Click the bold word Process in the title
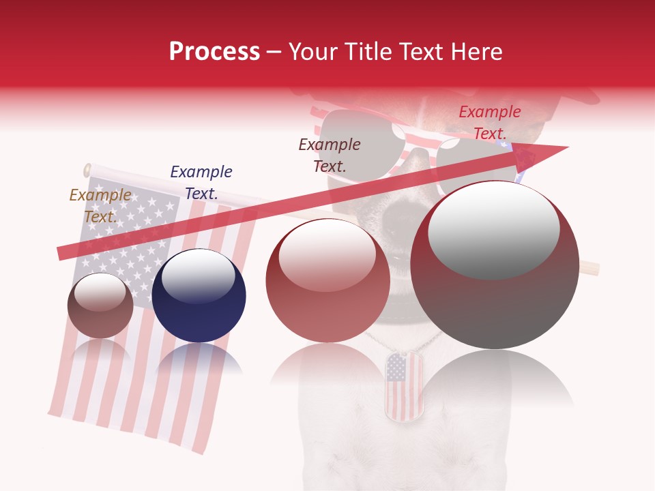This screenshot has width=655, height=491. click(214, 52)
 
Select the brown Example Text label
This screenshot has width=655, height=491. click(100, 206)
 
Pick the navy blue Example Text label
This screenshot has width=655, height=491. click(201, 183)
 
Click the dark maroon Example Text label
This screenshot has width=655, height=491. click(330, 155)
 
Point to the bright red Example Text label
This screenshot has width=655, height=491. click(489, 123)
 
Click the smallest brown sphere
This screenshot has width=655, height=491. click(100, 306)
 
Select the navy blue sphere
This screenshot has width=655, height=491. click(199, 296)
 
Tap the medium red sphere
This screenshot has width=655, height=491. click(327, 281)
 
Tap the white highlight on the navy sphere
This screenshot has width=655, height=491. click(198, 279)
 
